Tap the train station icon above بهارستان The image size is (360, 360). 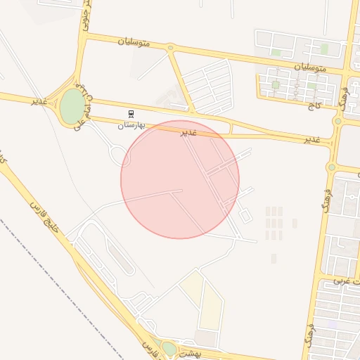(131, 113)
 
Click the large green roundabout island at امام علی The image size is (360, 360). (72, 105)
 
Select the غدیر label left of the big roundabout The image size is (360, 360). (39, 101)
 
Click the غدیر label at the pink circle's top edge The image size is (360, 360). (189, 131)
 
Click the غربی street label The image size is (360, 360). (344, 281)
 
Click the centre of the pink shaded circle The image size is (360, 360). (180, 179)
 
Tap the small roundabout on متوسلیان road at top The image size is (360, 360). (170, 49)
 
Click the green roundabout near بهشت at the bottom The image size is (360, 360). (169, 347)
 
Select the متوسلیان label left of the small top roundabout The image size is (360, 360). (134, 41)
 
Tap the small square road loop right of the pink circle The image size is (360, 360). (244, 217)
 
